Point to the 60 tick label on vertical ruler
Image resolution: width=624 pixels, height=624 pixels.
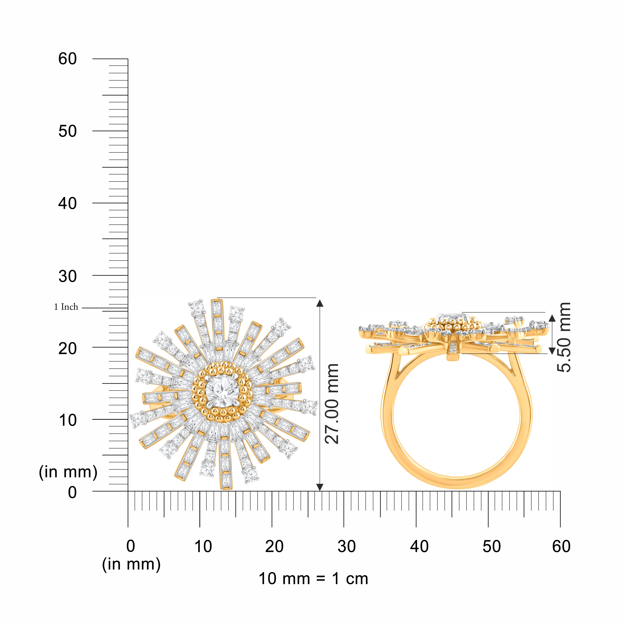click(68, 59)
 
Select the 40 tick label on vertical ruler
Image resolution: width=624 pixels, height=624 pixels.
click(68, 203)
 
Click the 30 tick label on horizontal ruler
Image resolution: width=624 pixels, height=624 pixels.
click(347, 547)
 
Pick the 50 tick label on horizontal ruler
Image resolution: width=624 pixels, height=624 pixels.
click(492, 547)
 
